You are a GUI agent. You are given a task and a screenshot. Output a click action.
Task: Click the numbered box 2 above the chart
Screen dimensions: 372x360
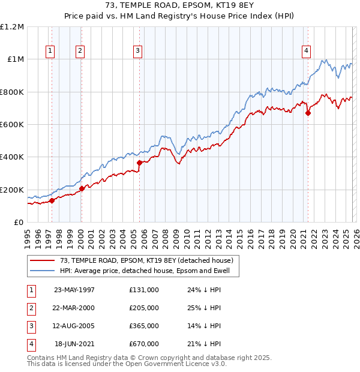(79, 52)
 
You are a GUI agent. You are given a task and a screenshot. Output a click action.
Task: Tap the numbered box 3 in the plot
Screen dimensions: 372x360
(137, 52)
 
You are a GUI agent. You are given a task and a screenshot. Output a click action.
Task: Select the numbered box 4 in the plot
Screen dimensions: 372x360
(306, 52)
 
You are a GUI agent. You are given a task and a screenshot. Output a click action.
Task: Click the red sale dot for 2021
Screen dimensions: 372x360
(308, 113)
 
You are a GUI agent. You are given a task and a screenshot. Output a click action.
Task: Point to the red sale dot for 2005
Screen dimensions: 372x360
(139, 163)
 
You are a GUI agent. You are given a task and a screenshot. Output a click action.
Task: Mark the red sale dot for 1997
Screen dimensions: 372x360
(52, 201)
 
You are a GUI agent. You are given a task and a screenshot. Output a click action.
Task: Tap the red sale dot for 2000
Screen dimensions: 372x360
(82, 188)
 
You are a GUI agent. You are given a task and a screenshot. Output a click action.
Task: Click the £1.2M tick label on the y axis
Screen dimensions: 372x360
(12, 27)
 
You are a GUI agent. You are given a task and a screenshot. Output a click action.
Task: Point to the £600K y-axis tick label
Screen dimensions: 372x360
(12, 125)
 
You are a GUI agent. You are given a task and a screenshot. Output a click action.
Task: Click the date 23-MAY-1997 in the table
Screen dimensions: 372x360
(74, 290)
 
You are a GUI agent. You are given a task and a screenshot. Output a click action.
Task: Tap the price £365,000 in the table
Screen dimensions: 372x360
(143, 326)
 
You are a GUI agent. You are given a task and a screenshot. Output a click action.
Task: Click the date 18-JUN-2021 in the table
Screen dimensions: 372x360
(74, 344)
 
